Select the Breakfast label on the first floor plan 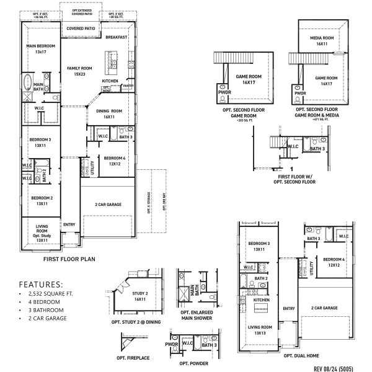click(116, 38)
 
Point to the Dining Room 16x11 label click(109, 113)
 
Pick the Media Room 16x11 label click(321, 42)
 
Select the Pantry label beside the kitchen click(128, 86)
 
